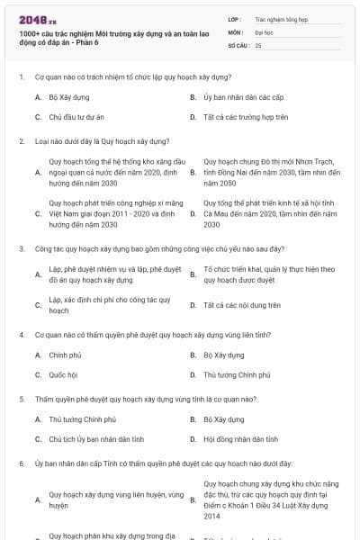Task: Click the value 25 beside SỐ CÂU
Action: click(258, 44)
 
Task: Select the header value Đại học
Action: click(265, 31)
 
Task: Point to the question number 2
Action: click(21, 141)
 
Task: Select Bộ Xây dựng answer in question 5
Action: click(223, 418)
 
